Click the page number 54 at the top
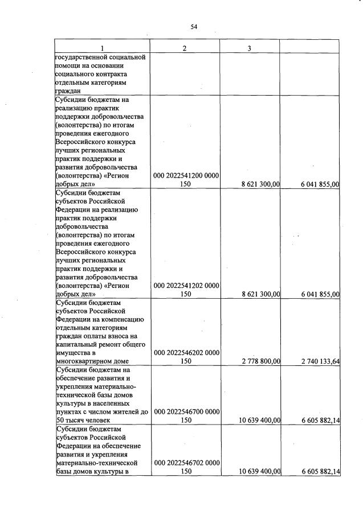coord(193,27)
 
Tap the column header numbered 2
coord(185,48)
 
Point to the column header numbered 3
coord(250,48)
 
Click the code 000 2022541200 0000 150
coord(186,180)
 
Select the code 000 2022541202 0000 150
coord(186,290)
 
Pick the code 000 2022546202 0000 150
coord(186,356)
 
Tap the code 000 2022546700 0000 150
coord(186,415)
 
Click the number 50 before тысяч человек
coord(60,420)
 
